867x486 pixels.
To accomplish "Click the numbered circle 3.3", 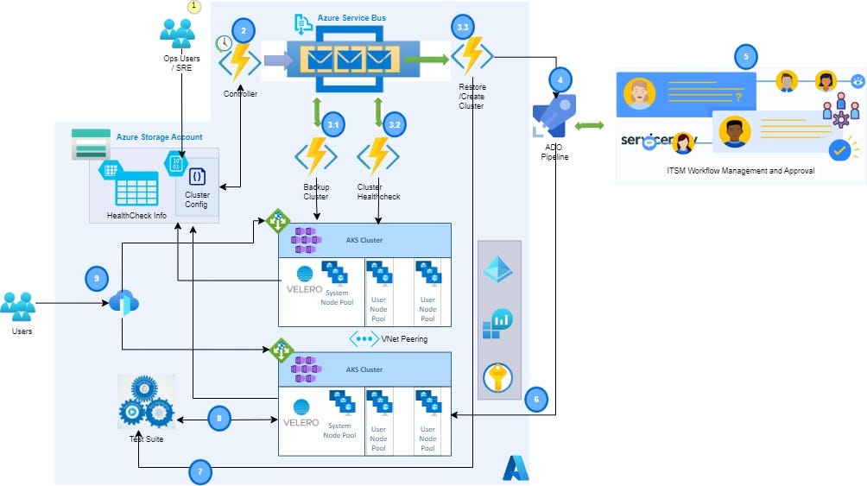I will [x=462, y=28].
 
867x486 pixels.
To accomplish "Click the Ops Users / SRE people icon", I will [x=178, y=32].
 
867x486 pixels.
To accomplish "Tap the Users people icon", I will [x=18, y=306].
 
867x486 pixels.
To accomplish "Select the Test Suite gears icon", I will [x=145, y=403].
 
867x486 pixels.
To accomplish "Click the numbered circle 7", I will [x=200, y=472].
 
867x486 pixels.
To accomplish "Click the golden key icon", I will [x=498, y=377].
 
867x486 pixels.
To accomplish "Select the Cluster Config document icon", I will [x=197, y=176].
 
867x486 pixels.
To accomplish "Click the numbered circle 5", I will [x=746, y=57].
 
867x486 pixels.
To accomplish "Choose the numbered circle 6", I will [x=535, y=399].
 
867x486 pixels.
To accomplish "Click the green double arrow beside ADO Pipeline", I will [x=589, y=127].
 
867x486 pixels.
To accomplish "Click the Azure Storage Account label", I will [x=159, y=136].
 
